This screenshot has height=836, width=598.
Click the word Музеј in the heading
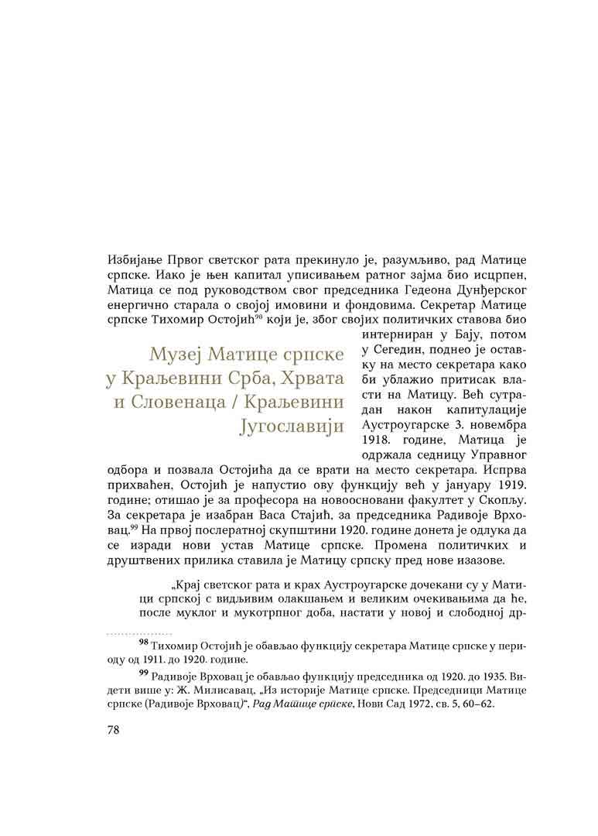coord(178,356)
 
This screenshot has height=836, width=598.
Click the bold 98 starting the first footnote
coord(144,642)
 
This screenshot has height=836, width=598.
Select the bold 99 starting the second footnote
coord(144,672)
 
